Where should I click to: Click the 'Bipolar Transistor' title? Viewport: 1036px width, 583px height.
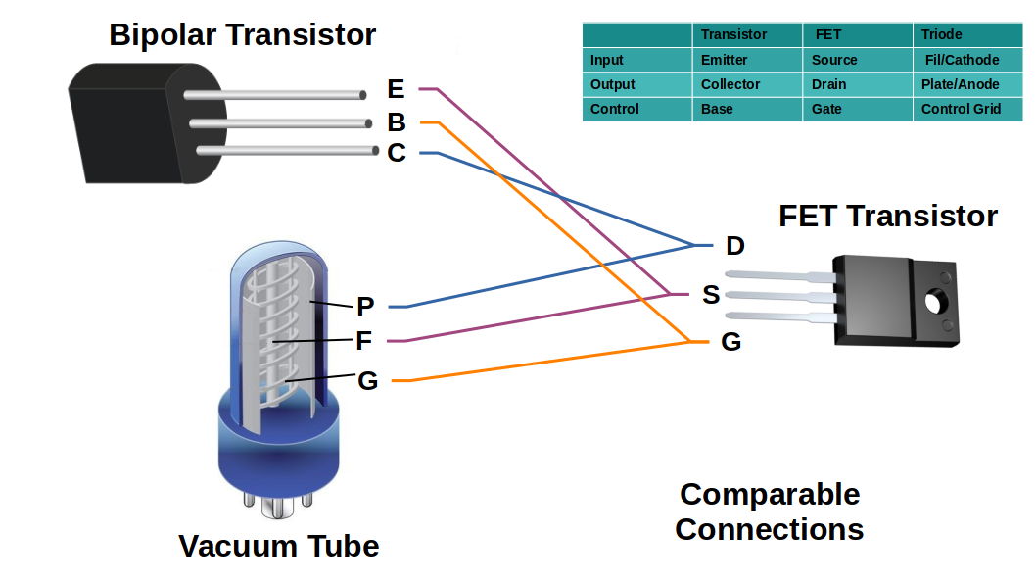pyautogui.click(x=242, y=35)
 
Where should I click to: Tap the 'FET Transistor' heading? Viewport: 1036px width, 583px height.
pyautogui.click(x=887, y=216)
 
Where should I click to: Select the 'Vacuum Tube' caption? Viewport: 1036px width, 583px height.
pyautogui.click(x=278, y=546)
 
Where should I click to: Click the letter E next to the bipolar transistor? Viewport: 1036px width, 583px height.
pyautogui.click(x=396, y=90)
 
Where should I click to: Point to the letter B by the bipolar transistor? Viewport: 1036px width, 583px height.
pyautogui.click(x=397, y=122)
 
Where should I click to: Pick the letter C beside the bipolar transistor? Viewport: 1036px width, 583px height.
pyautogui.click(x=397, y=154)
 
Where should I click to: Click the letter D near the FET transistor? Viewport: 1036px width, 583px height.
pyautogui.click(x=734, y=245)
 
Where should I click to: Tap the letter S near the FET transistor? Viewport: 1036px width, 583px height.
pyautogui.click(x=712, y=294)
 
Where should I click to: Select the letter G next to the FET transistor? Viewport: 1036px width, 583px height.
pyautogui.click(x=730, y=342)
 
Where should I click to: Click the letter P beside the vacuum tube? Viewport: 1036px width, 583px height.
pyautogui.click(x=365, y=307)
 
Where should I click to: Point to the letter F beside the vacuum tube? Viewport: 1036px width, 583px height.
pyautogui.click(x=364, y=341)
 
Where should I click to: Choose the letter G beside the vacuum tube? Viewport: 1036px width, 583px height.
pyautogui.click(x=367, y=380)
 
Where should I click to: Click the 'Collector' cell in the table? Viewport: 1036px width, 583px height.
pyautogui.click(x=730, y=84)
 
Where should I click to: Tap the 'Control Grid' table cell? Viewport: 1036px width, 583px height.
pyautogui.click(x=961, y=109)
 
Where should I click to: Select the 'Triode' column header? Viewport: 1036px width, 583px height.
pyautogui.click(x=941, y=34)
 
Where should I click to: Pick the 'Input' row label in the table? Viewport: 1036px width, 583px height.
pyautogui.click(x=607, y=60)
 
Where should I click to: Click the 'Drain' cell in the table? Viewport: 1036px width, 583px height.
pyautogui.click(x=828, y=84)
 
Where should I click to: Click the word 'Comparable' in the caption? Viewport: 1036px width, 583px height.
pyautogui.click(x=770, y=494)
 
